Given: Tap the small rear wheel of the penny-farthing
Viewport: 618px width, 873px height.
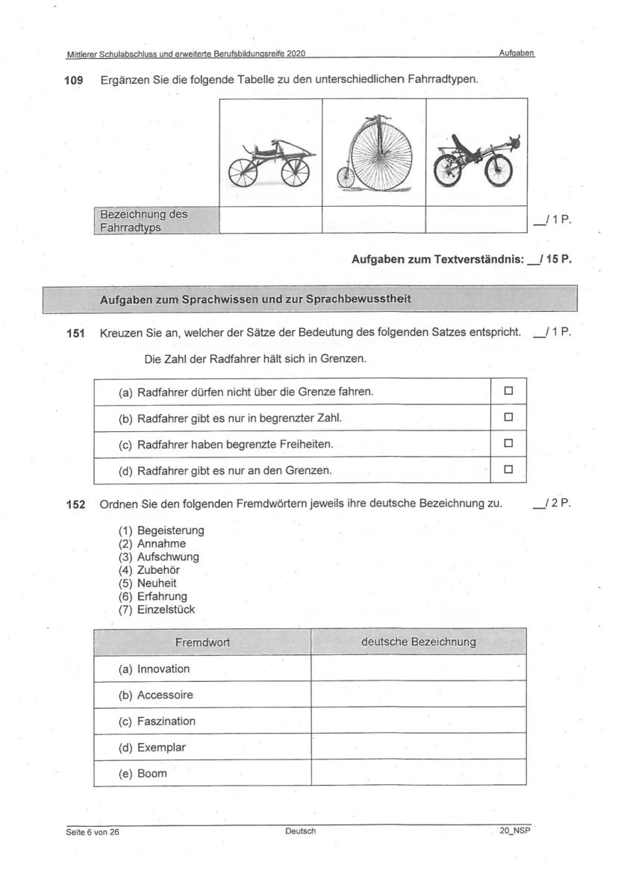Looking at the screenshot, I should tap(346, 178).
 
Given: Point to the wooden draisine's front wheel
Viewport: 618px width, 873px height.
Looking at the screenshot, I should tap(296, 173).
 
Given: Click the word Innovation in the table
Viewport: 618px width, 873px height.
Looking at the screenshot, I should tap(163, 669).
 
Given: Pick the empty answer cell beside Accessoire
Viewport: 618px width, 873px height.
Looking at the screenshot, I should tap(418, 695).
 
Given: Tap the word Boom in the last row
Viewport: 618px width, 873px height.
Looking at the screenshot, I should tap(152, 773).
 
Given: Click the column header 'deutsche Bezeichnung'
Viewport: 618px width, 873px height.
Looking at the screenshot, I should tap(418, 642).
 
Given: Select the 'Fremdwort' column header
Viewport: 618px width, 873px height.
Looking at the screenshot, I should tap(202, 642).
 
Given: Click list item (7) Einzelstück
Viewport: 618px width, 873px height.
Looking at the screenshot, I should tap(157, 609).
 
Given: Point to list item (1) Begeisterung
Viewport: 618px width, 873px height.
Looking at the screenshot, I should tap(161, 531).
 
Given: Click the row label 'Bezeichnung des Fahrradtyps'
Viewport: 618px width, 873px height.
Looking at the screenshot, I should tap(143, 220).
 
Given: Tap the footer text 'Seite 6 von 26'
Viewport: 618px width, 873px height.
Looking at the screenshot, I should tap(93, 831).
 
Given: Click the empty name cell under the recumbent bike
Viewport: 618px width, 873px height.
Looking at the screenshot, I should tap(476, 220).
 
